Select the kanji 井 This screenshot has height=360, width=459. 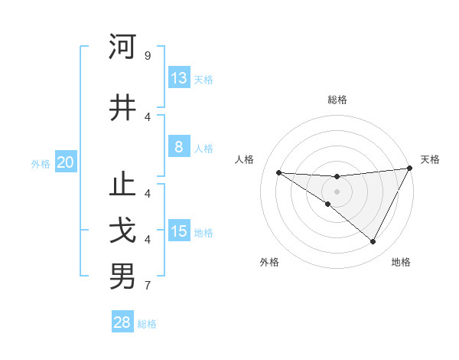tap(122, 107)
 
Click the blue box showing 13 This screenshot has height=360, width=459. tap(179, 78)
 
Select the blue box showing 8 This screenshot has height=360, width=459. tap(179, 148)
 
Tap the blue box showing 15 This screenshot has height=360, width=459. tap(179, 231)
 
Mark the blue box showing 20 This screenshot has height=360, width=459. tap(66, 162)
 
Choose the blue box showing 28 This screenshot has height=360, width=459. tap(122, 322)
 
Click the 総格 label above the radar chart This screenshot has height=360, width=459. tap(337, 100)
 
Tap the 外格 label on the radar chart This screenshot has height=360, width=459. tap(269, 262)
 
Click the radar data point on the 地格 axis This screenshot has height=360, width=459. tap(373, 242)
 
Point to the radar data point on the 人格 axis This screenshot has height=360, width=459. tap(278, 172)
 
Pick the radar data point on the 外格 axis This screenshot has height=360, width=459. tap(328, 204)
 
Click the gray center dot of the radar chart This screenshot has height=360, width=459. tap(337, 191)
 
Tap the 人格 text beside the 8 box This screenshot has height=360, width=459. tap(203, 149)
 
